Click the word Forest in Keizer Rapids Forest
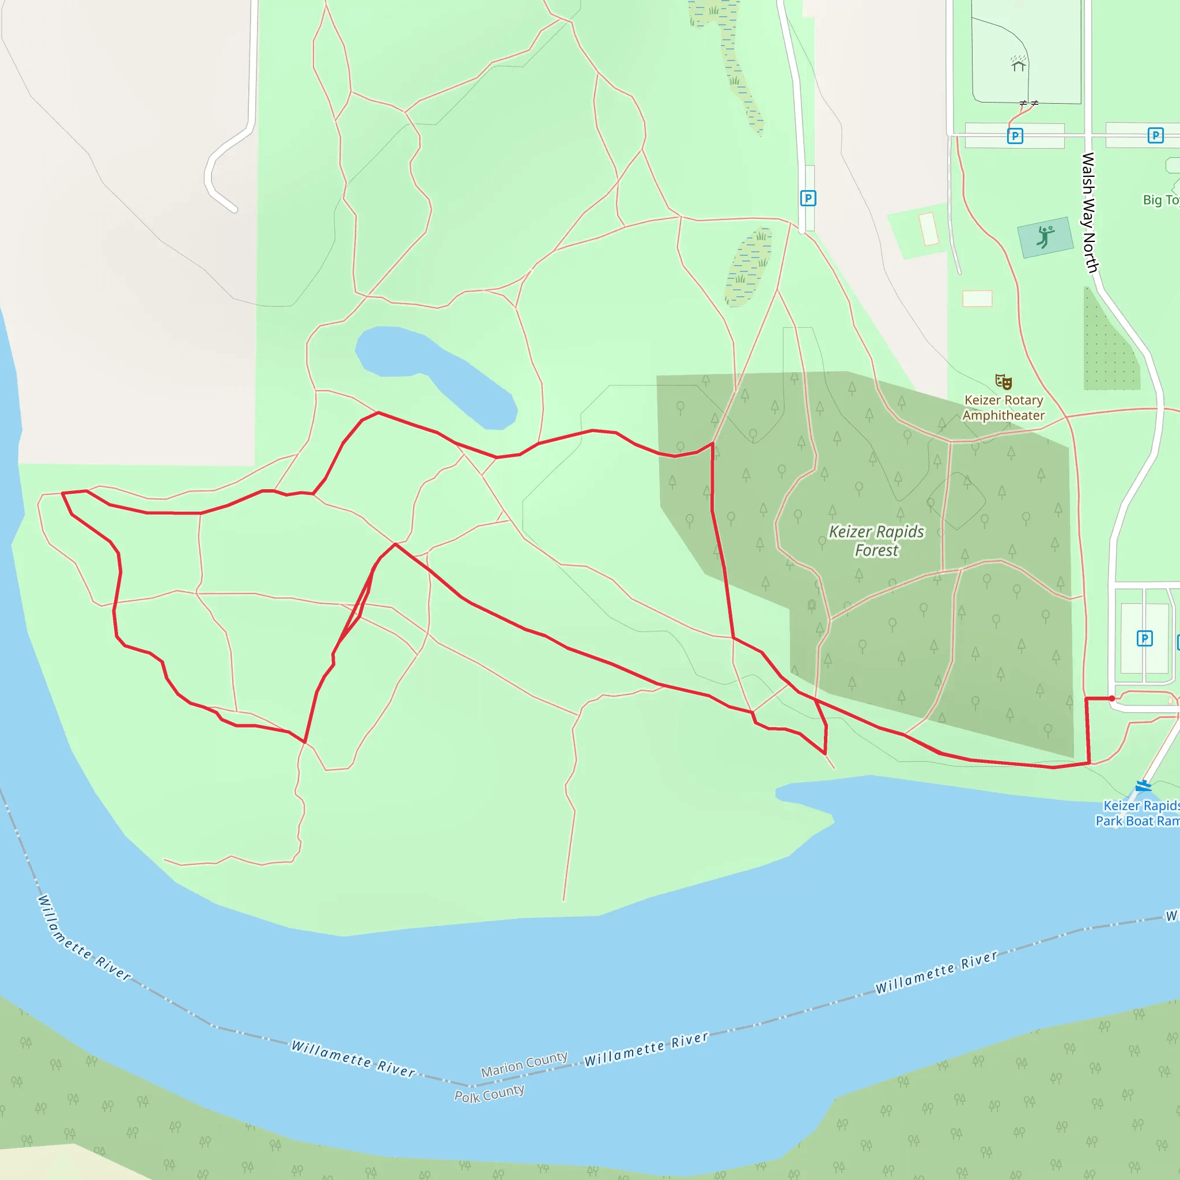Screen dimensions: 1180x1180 tap(876, 551)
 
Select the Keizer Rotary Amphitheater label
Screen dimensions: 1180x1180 tap(1004, 407)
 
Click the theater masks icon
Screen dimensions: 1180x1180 tap(1004, 383)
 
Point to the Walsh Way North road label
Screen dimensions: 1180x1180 tap(1089, 212)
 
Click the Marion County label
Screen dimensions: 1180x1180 tap(524, 1065)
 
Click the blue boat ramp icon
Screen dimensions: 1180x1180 tap(1143, 785)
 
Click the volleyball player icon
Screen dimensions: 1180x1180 tap(1045, 236)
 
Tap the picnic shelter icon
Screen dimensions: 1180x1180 tap(1018, 63)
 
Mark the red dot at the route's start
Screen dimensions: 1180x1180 tap(1112, 698)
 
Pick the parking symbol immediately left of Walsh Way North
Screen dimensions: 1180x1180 tap(1015, 135)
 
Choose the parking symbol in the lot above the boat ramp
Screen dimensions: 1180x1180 tap(1145, 639)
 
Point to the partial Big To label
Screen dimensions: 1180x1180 tap(1160, 200)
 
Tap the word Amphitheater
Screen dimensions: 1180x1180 tap(1004, 415)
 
